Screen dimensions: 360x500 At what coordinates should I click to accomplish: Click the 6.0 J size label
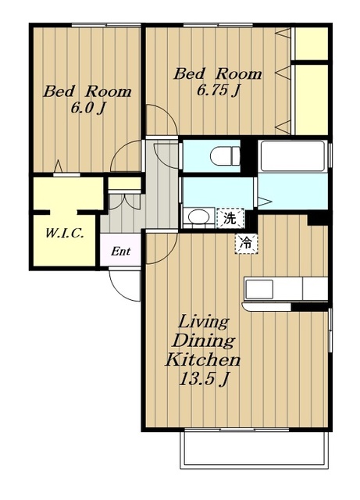click(x=87, y=109)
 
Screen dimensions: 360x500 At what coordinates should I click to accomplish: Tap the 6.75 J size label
click(x=218, y=91)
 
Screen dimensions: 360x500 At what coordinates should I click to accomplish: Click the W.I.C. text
click(x=65, y=234)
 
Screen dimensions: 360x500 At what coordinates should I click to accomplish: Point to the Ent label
click(x=120, y=252)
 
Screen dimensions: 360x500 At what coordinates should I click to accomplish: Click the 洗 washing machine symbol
click(x=230, y=219)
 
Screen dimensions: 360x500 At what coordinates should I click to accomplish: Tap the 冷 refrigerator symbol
click(x=247, y=244)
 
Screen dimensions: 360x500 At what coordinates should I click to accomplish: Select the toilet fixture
click(x=225, y=156)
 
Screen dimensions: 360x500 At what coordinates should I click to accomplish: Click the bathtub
click(x=293, y=156)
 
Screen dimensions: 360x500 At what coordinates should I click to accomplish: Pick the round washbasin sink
click(x=198, y=217)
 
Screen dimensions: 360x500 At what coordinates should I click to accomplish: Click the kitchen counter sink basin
click(x=259, y=289)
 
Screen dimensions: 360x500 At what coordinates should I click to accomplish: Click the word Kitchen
click(x=202, y=360)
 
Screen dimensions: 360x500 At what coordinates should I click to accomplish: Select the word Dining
click(x=203, y=341)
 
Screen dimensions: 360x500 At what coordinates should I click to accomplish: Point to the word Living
click(x=204, y=322)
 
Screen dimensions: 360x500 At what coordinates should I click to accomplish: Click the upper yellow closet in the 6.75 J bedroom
click(x=312, y=44)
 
